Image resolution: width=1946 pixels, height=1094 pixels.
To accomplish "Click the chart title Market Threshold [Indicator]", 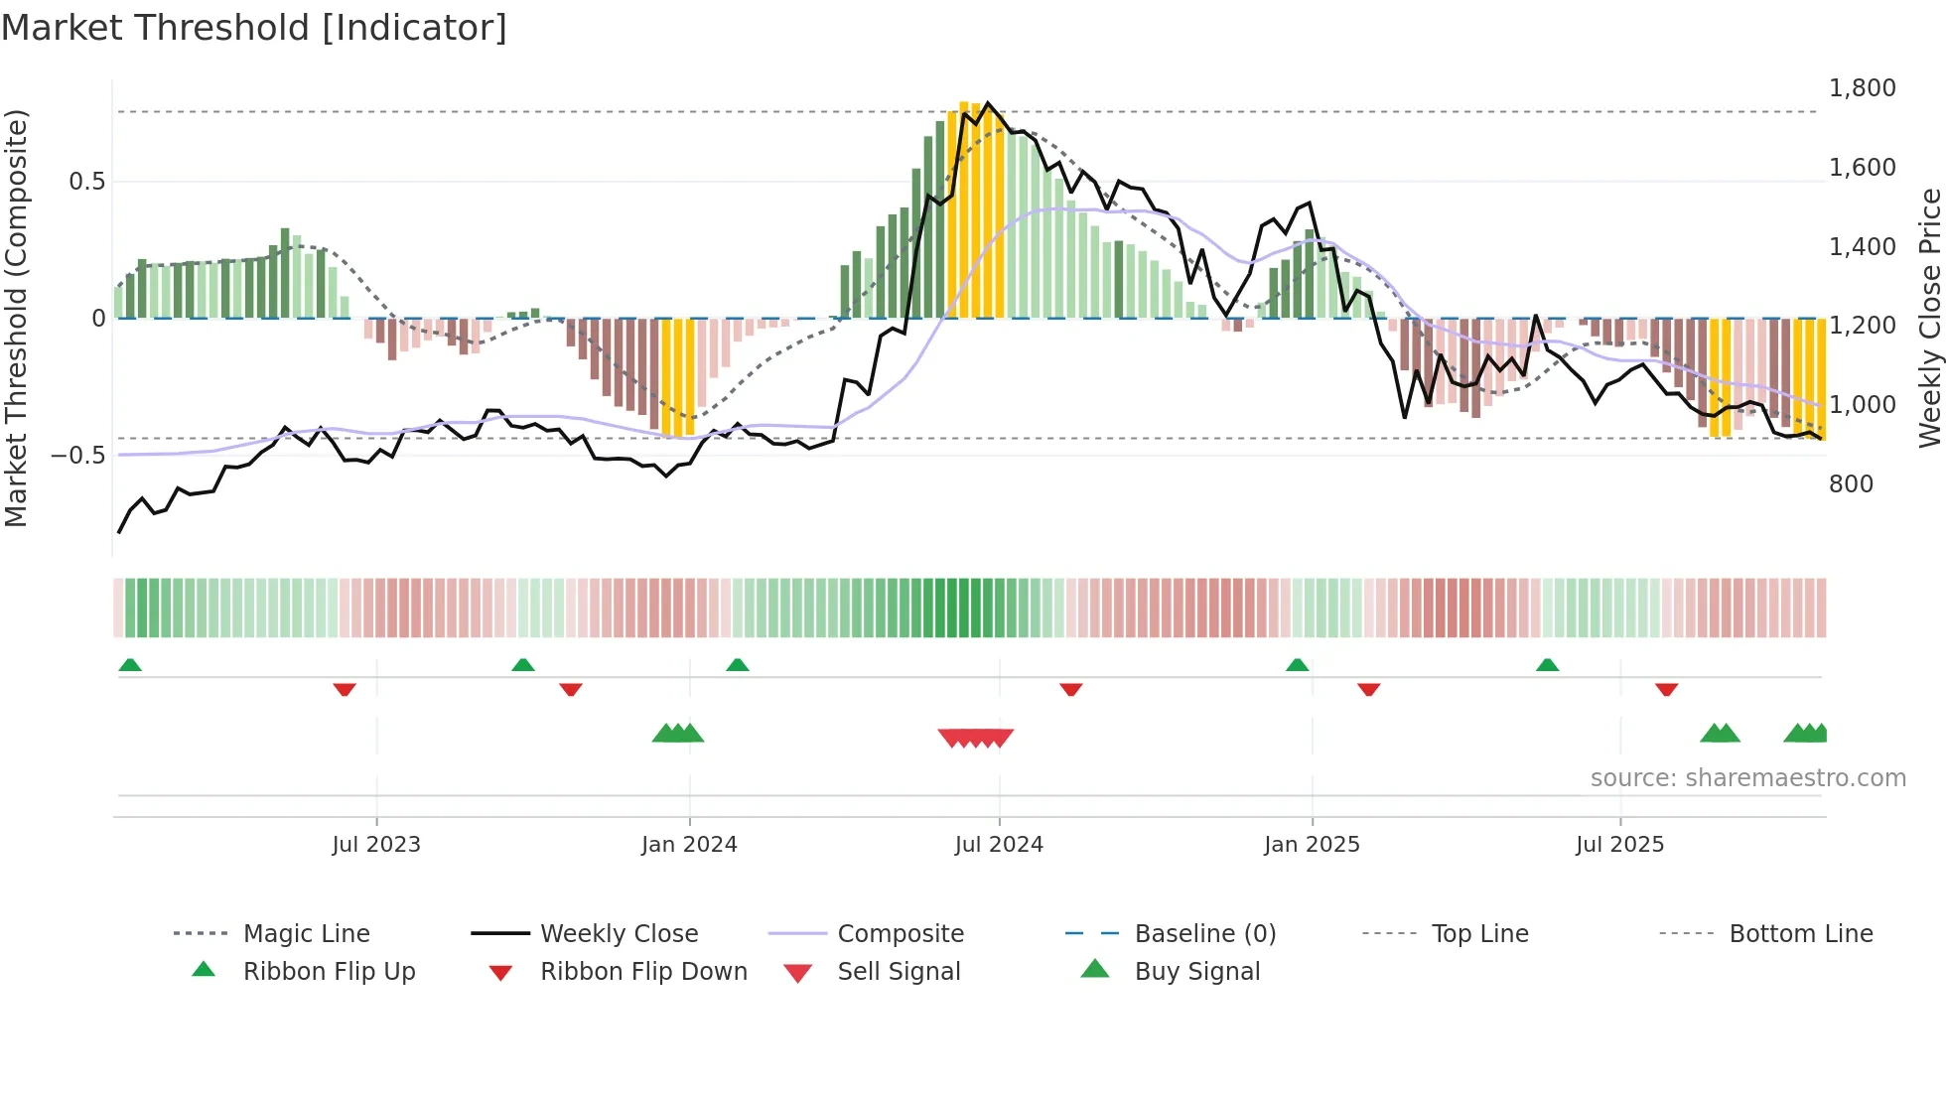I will [254, 28].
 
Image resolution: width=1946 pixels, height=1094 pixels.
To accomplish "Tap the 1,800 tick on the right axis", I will [1862, 88].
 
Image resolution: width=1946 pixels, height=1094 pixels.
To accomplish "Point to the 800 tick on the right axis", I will [1851, 484].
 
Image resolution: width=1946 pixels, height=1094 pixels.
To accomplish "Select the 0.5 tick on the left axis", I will [86, 182].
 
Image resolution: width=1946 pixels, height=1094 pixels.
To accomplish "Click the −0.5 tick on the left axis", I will [78, 456].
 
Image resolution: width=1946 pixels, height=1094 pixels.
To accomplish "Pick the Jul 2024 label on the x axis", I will [999, 845].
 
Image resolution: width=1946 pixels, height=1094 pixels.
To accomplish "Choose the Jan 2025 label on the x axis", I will [1312, 845].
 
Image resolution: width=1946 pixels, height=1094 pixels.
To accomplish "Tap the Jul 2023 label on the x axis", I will [376, 845].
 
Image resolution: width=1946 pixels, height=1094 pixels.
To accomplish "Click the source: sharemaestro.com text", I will [1747, 778].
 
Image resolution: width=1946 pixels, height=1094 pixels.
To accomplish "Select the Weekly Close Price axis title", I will [1929, 318].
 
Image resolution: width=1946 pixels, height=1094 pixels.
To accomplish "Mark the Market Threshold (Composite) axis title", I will [16, 318].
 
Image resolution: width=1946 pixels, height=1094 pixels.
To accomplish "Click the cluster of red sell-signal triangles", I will [976, 738].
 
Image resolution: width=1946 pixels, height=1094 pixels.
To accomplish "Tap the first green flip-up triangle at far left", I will [130, 665].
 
